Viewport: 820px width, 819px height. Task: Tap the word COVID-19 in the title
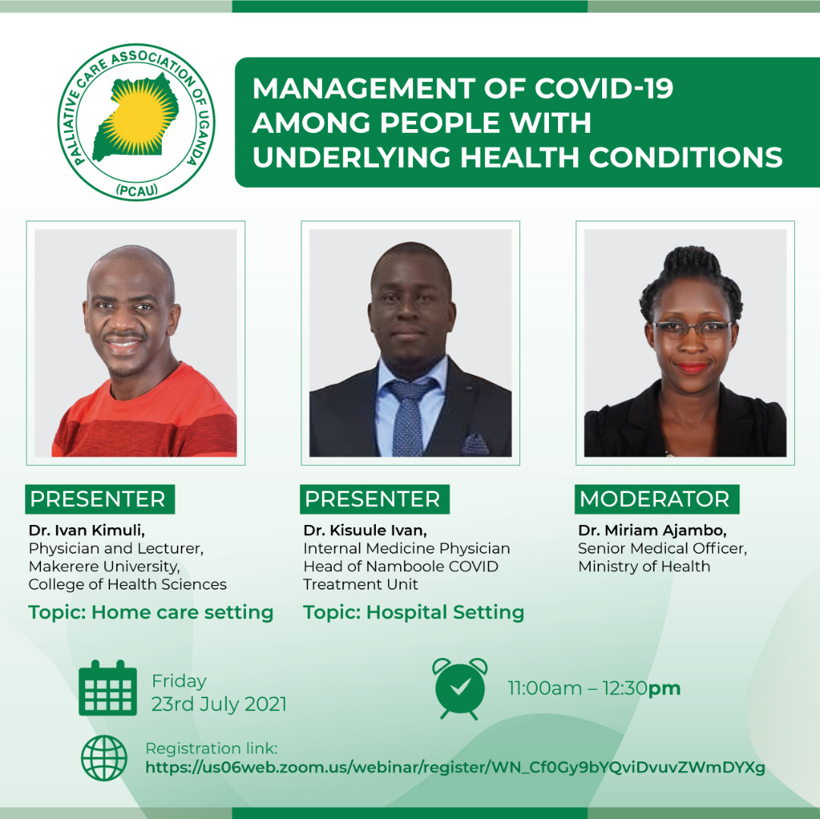click(x=604, y=89)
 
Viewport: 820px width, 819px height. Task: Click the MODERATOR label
click(x=654, y=499)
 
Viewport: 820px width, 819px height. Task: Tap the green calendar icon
click(x=108, y=688)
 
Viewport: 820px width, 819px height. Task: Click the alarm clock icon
click(x=459, y=688)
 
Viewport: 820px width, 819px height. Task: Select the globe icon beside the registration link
click(x=104, y=758)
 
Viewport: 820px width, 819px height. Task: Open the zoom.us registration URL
click(x=455, y=767)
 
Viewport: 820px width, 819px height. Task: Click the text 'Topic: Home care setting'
click(x=151, y=612)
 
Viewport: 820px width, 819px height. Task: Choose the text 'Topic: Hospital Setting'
click(x=414, y=612)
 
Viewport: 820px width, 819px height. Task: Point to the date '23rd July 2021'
click(x=219, y=704)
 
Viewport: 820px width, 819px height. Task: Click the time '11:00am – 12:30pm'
click(x=594, y=689)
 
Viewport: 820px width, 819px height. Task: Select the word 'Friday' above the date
click(x=179, y=681)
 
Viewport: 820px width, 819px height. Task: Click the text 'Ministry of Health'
click(x=644, y=566)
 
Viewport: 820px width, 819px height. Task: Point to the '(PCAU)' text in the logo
click(x=137, y=191)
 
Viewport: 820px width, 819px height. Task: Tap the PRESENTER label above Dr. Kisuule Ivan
click(x=373, y=499)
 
